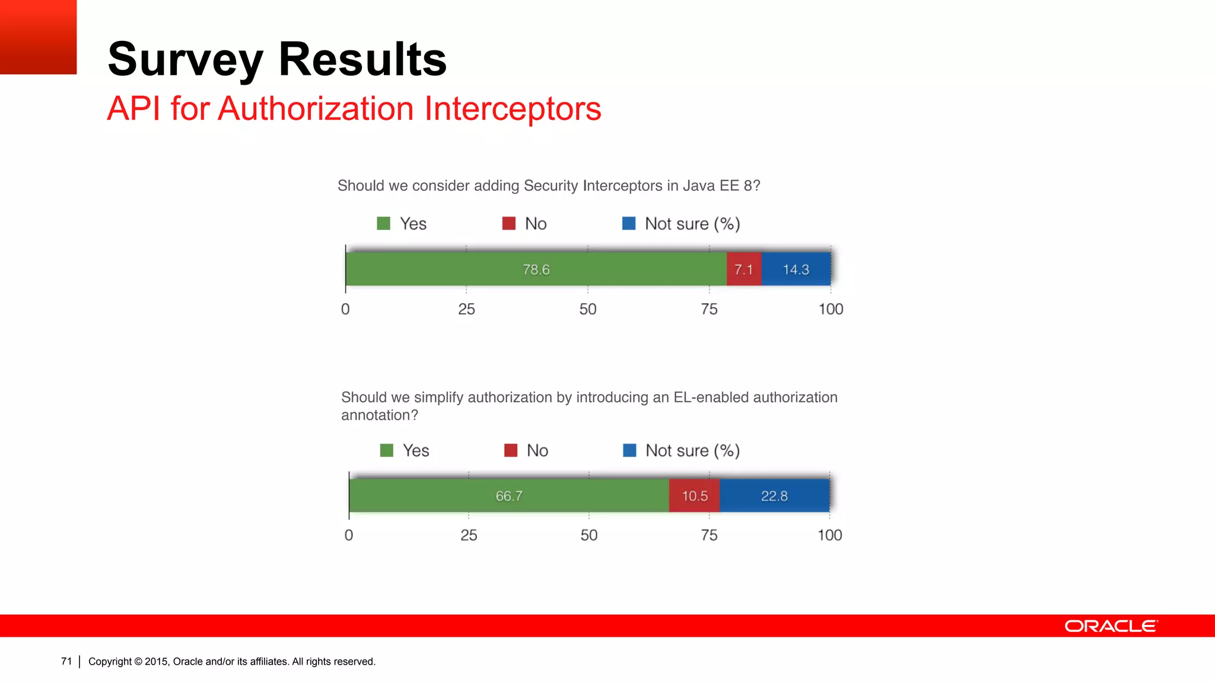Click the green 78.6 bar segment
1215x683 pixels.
[x=536, y=269]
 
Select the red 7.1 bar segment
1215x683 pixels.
[x=744, y=269]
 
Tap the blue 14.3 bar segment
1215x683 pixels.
[x=796, y=269]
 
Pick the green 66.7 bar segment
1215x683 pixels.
[x=509, y=496]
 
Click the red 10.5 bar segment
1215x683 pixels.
[x=694, y=496]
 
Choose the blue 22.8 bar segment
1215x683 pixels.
[x=774, y=496]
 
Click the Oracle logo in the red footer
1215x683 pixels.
[x=1111, y=626]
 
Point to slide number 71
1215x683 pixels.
[x=66, y=661]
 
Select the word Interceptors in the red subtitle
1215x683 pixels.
[x=513, y=109]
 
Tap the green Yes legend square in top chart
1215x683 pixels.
[x=384, y=224]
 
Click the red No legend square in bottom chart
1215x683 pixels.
[x=511, y=451]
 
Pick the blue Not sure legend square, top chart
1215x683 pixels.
[x=629, y=224]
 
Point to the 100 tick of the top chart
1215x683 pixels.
[x=831, y=309]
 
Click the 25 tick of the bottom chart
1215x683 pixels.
[x=469, y=535]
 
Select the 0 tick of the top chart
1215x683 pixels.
[x=345, y=309]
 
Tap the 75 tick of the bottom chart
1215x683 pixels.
[x=709, y=535]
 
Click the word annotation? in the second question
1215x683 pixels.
[x=380, y=415]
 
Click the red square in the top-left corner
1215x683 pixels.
[x=38, y=37]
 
